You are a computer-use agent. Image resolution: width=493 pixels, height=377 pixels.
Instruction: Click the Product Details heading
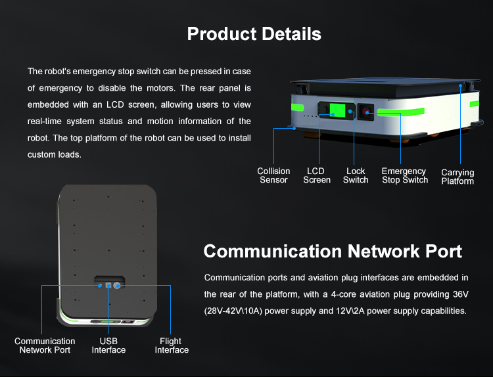click(254, 34)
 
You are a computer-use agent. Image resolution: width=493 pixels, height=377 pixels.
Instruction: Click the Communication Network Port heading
click(333, 251)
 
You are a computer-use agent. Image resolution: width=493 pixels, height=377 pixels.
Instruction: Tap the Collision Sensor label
click(273, 175)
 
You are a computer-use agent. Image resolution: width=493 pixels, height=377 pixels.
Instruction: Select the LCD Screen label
click(316, 175)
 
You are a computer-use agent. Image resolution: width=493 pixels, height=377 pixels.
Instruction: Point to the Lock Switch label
click(356, 175)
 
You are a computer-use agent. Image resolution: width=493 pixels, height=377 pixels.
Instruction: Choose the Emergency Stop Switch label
click(404, 175)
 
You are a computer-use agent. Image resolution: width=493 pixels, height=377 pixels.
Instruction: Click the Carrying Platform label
click(458, 177)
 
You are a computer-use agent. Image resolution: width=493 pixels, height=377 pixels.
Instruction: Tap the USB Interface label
click(108, 345)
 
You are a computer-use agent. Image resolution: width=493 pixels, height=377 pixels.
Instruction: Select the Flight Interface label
click(171, 345)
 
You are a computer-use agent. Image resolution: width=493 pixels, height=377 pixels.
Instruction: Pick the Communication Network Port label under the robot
click(45, 345)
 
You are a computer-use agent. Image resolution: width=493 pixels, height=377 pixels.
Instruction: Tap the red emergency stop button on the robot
click(367, 112)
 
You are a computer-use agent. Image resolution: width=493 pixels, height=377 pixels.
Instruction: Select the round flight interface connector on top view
click(117, 286)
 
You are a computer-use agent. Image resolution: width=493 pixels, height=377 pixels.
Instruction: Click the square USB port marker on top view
click(108, 286)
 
